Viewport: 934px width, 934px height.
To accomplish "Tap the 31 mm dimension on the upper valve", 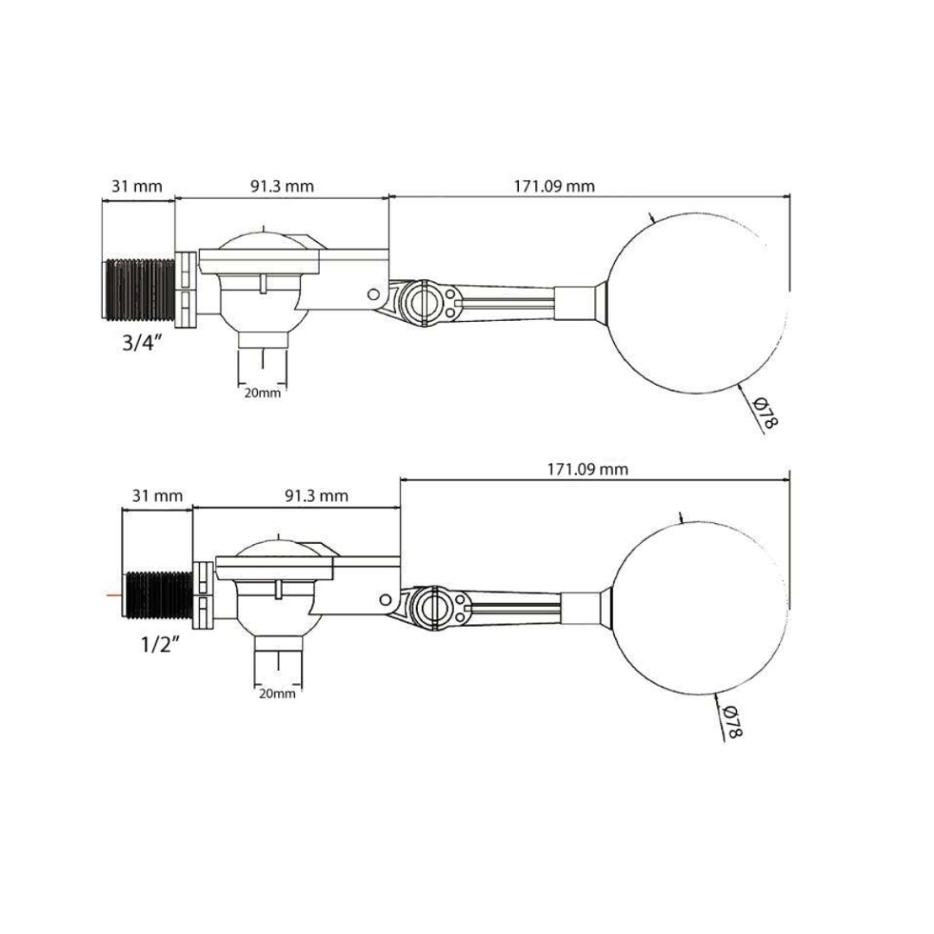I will pyautogui.click(x=136, y=186).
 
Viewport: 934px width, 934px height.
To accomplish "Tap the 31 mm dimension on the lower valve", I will pyautogui.click(x=157, y=496).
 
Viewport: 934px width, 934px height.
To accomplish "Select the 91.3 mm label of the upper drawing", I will pyautogui.click(x=283, y=186).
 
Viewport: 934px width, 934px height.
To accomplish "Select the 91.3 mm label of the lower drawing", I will pyautogui.click(x=316, y=496).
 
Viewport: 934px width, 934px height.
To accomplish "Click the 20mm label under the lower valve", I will pyautogui.click(x=278, y=694).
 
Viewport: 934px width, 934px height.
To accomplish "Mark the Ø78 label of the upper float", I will pyautogui.click(x=764, y=413).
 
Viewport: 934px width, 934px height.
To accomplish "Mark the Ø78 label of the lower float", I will pyautogui.click(x=732, y=721).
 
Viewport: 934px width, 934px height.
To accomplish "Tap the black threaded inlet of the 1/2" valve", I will pyautogui.click(x=157, y=596).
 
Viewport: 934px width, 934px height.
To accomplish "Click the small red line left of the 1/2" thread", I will pyautogui.click(x=112, y=596).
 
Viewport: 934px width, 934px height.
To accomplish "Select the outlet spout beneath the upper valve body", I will pyautogui.click(x=261, y=358).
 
